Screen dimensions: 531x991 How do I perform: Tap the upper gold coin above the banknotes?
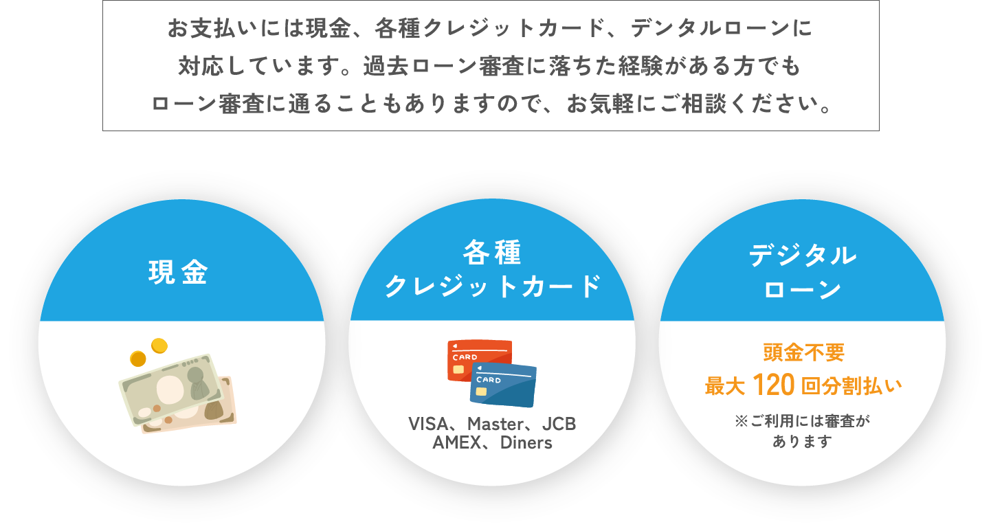click(x=159, y=345)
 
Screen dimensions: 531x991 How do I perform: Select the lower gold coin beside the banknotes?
click(x=138, y=359)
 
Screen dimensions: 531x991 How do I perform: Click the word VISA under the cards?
click(x=427, y=424)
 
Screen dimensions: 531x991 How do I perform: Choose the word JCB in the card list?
click(x=559, y=424)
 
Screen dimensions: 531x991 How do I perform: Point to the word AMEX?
click(x=455, y=442)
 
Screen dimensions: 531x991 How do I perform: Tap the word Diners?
click(x=526, y=442)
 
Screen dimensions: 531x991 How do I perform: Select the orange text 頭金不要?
click(x=803, y=353)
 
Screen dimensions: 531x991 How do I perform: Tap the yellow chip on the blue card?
click(x=481, y=392)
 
